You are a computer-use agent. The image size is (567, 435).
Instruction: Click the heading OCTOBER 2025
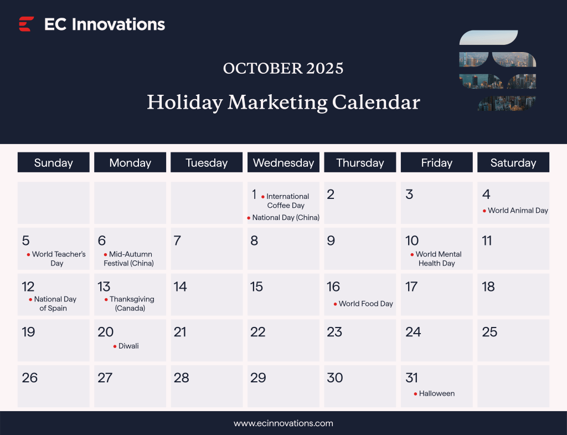tap(283, 68)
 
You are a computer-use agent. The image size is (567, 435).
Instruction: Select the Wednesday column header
tap(283, 162)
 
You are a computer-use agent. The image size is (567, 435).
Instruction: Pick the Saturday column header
tap(513, 162)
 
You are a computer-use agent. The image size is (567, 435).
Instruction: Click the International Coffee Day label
tap(287, 201)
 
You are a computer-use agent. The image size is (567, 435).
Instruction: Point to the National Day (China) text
tap(286, 218)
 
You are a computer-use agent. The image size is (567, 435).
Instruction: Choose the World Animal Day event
tap(518, 211)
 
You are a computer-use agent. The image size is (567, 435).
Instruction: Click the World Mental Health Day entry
tap(437, 259)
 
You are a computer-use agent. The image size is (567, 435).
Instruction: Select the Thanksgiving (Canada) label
tap(131, 304)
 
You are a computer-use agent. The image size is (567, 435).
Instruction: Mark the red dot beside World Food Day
tap(335, 304)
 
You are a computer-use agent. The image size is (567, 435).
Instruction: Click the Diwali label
tap(128, 346)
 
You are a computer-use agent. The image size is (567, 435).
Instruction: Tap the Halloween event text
tap(437, 393)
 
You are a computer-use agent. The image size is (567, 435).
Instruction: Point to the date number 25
tap(489, 332)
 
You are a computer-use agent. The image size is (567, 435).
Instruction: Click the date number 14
tap(180, 286)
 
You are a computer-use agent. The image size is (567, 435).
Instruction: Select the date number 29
tap(258, 378)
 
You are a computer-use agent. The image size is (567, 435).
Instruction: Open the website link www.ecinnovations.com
tap(283, 423)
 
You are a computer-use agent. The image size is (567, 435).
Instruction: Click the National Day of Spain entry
tap(54, 304)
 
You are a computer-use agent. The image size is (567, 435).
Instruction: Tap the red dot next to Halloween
tap(415, 394)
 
